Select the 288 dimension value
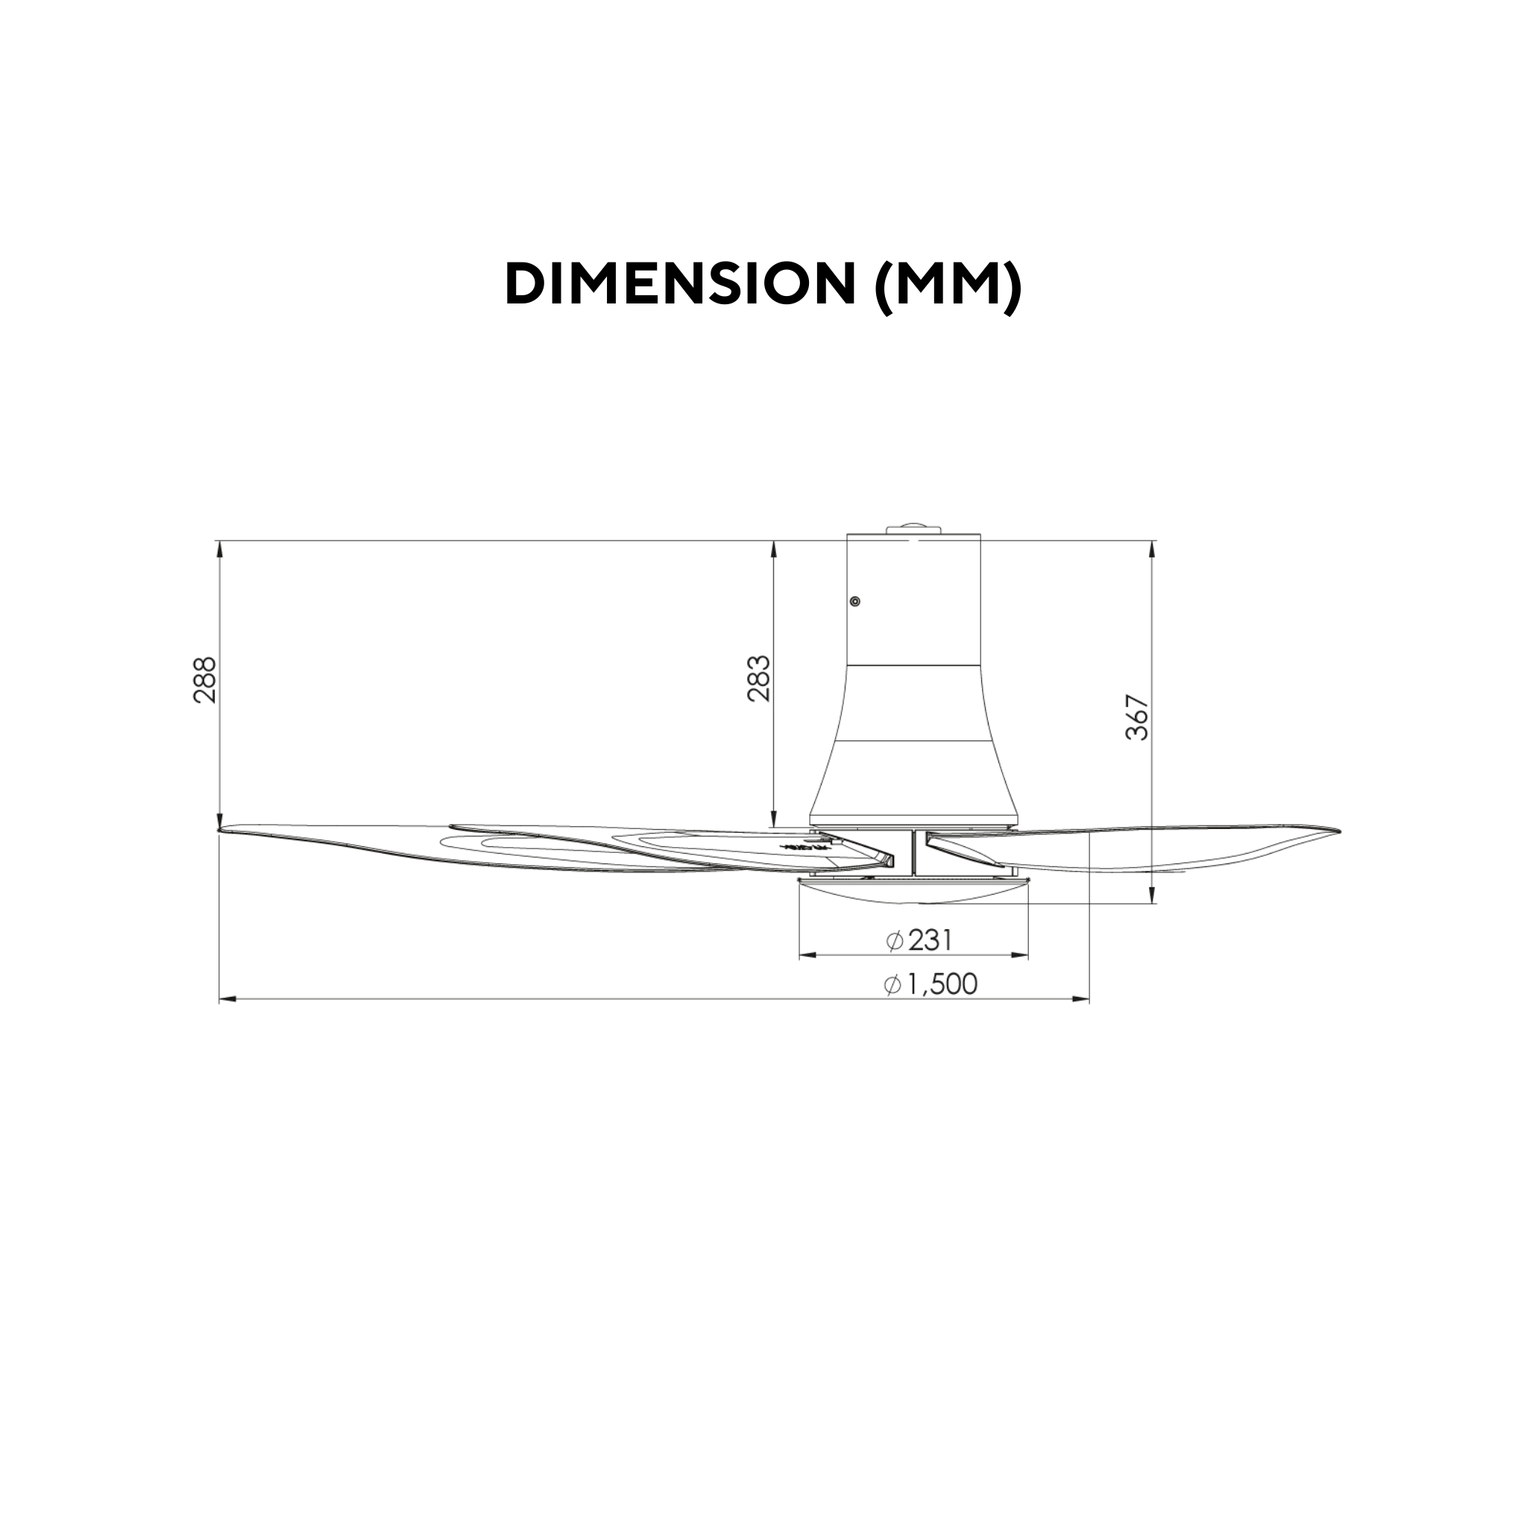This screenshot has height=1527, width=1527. click(x=204, y=680)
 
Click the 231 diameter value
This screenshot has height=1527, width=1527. click(x=931, y=940)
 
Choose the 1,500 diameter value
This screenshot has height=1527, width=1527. click(x=942, y=984)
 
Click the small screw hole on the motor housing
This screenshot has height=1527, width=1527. click(x=855, y=602)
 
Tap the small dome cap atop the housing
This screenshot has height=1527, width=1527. click(x=913, y=528)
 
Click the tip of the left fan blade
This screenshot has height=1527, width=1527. click(x=219, y=829)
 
